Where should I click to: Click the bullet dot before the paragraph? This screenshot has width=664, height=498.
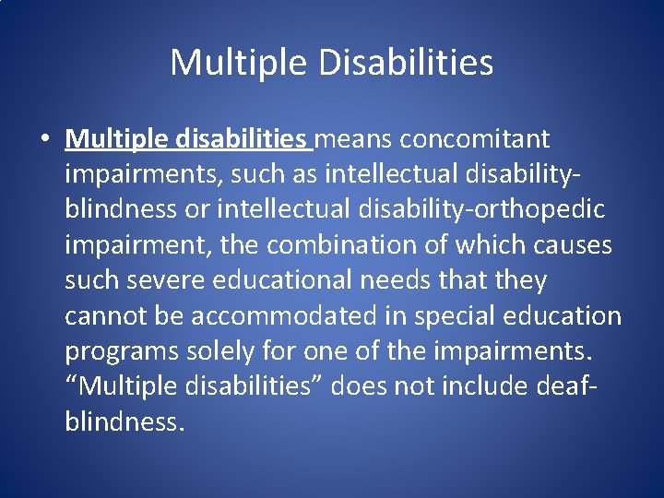(44, 140)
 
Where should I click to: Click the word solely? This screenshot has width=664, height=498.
(215, 350)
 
